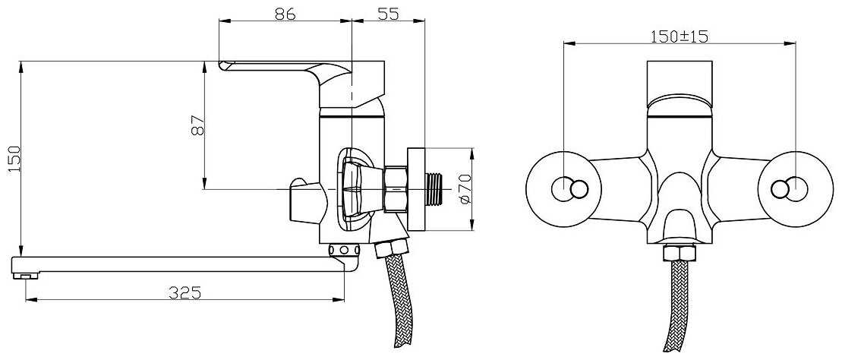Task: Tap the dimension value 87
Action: tap(197, 125)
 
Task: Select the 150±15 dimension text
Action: tap(679, 36)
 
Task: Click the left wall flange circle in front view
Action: tap(564, 188)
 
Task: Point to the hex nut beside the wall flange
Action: tap(396, 188)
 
